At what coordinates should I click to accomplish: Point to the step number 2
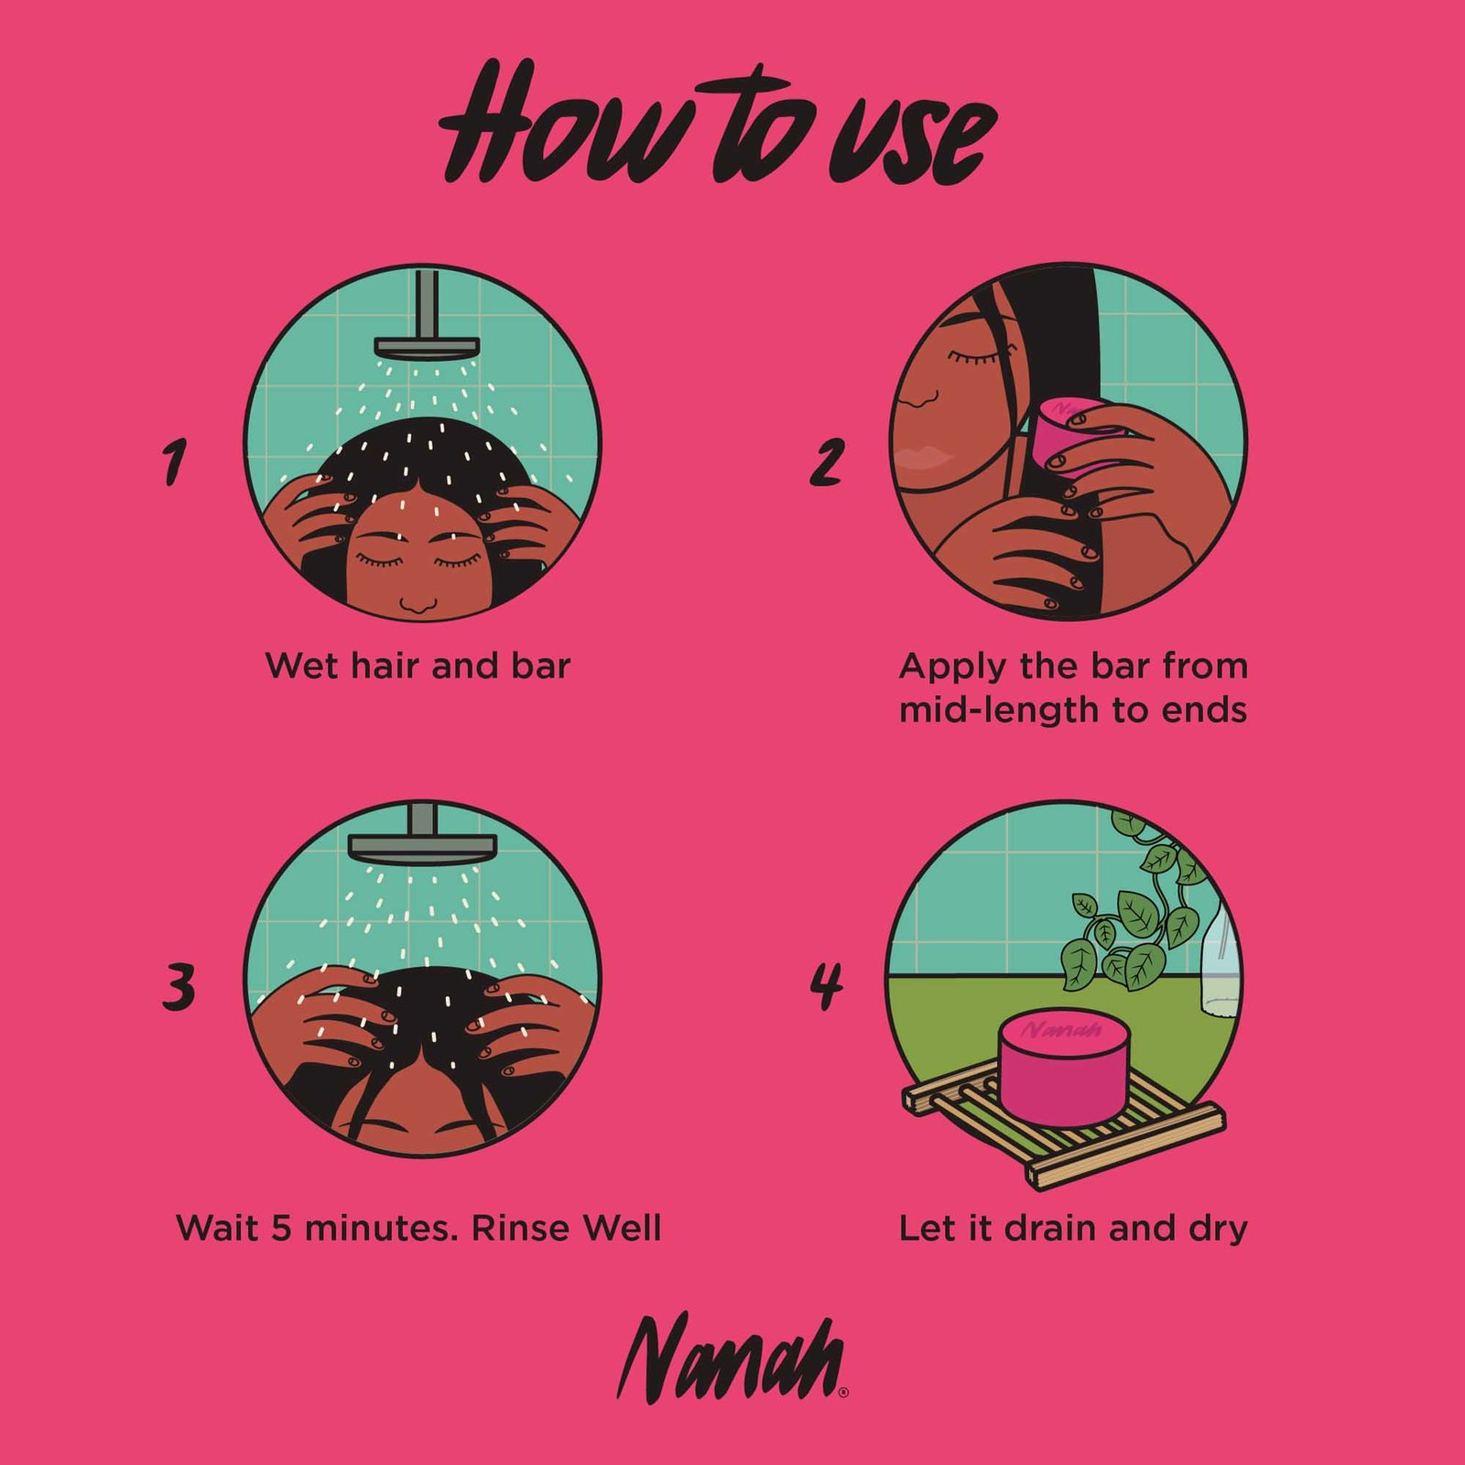coord(826,462)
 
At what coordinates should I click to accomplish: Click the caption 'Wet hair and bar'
coord(418,666)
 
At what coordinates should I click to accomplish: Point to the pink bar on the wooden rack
coord(1065,1068)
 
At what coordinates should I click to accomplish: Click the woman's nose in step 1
coord(418,603)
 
